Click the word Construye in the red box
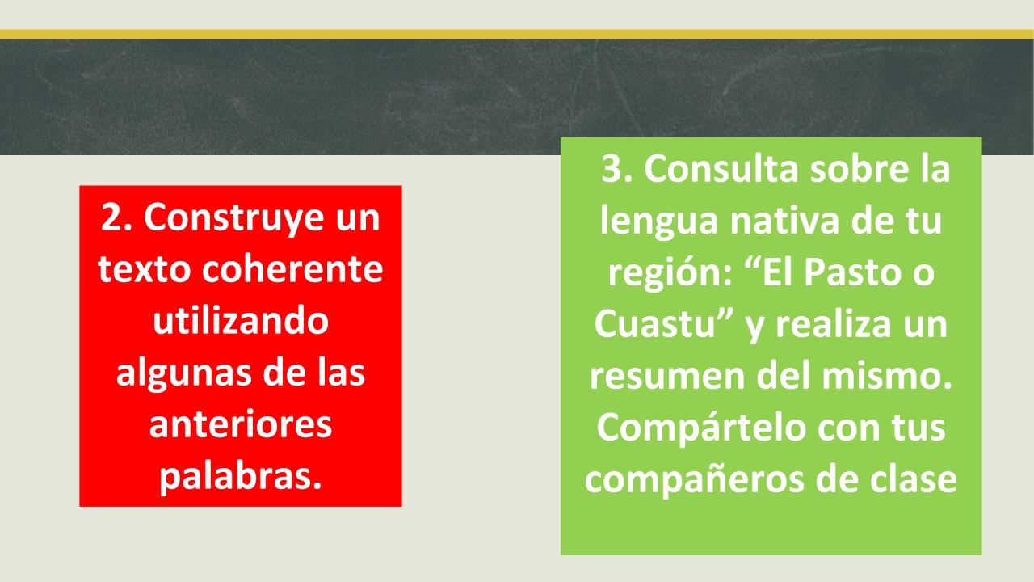pos(234,217)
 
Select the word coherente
pos(292,269)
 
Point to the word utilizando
pos(241,321)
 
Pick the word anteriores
pos(241,424)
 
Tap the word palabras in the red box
pos(235,479)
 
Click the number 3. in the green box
pos(616,169)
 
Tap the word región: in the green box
pos(670,274)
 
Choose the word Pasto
pos(851,272)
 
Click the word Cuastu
pos(654,324)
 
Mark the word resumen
pos(667,376)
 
